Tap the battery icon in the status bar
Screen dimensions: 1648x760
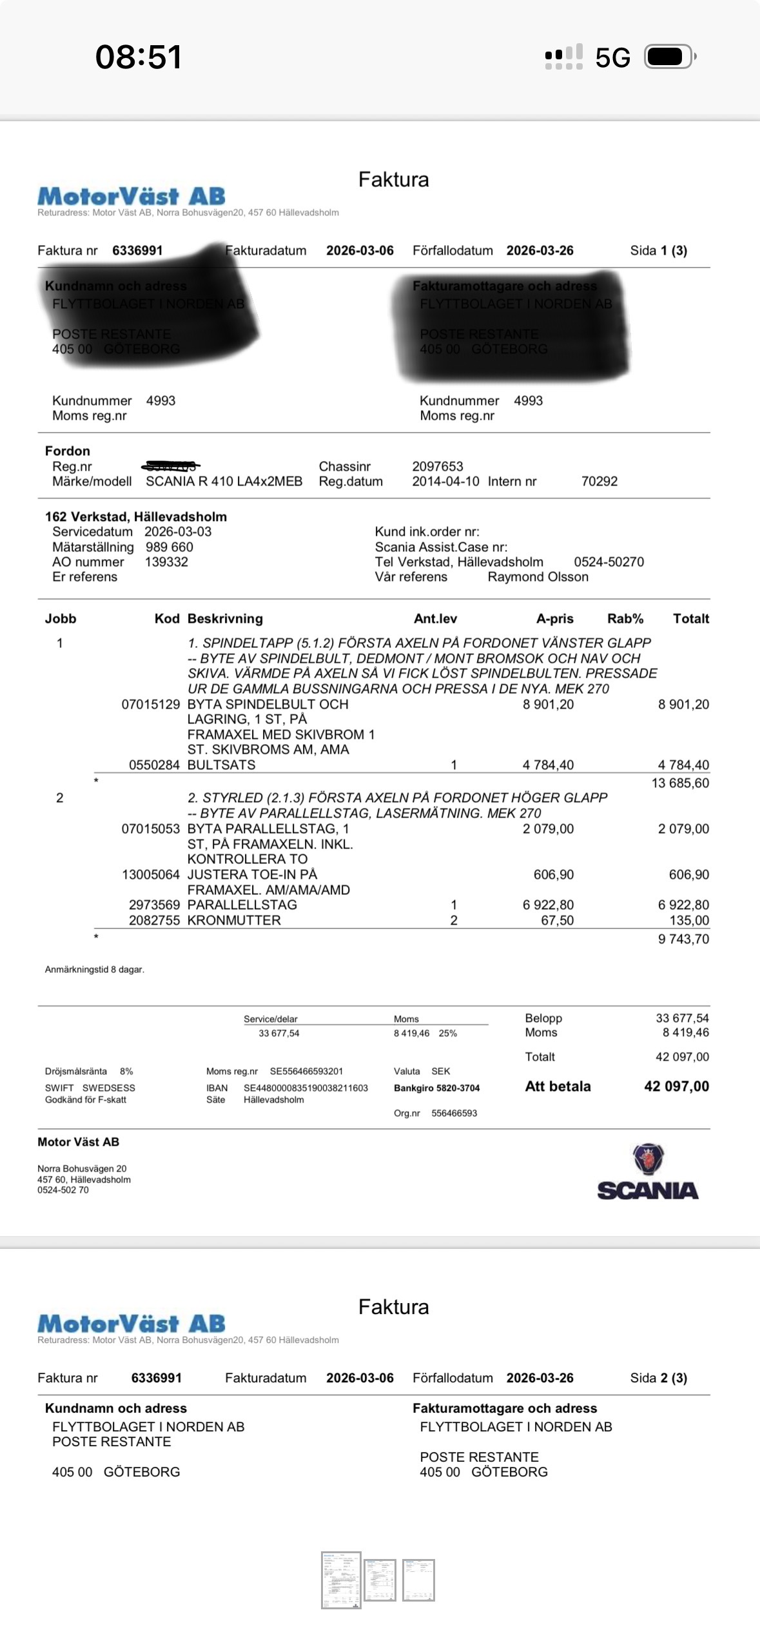pyautogui.click(x=669, y=57)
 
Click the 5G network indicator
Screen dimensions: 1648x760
pyautogui.click(x=612, y=58)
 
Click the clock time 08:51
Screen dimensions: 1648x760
pyautogui.click(x=139, y=57)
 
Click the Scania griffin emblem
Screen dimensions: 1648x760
pyautogui.click(x=648, y=1159)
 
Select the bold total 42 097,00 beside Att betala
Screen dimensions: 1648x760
pyautogui.click(x=676, y=1086)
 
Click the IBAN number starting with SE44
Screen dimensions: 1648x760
pyautogui.click(x=306, y=1088)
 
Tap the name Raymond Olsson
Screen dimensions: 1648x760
pyautogui.click(x=538, y=577)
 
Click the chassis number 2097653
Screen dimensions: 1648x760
pyautogui.click(x=438, y=466)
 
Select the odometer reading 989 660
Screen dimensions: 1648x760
pyautogui.click(x=169, y=547)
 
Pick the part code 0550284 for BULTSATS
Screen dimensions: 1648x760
pyautogui.click(x=154, y=765)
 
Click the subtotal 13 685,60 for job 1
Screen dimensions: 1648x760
pyautogui.click(x=680, y=783)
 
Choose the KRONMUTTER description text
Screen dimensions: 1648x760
pyautogui.click(x=234, y=920)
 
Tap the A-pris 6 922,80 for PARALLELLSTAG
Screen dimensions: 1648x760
pyautogui.click(x=548, y=905)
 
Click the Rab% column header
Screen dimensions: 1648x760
pyautogui.click(x=625, y=619)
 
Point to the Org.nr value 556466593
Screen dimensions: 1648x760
pyautogui.click(x=454, y=1113)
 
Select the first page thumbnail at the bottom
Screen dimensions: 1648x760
pyautogui.click(x=341, y=1580)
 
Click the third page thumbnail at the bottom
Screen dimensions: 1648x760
pyautogui.click(x=418, y=1580)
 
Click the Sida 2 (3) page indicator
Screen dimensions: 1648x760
pyautogui.click(x=658, y=1378)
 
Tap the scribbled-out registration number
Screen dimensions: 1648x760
pyautogui.click(x=171, y=466)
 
